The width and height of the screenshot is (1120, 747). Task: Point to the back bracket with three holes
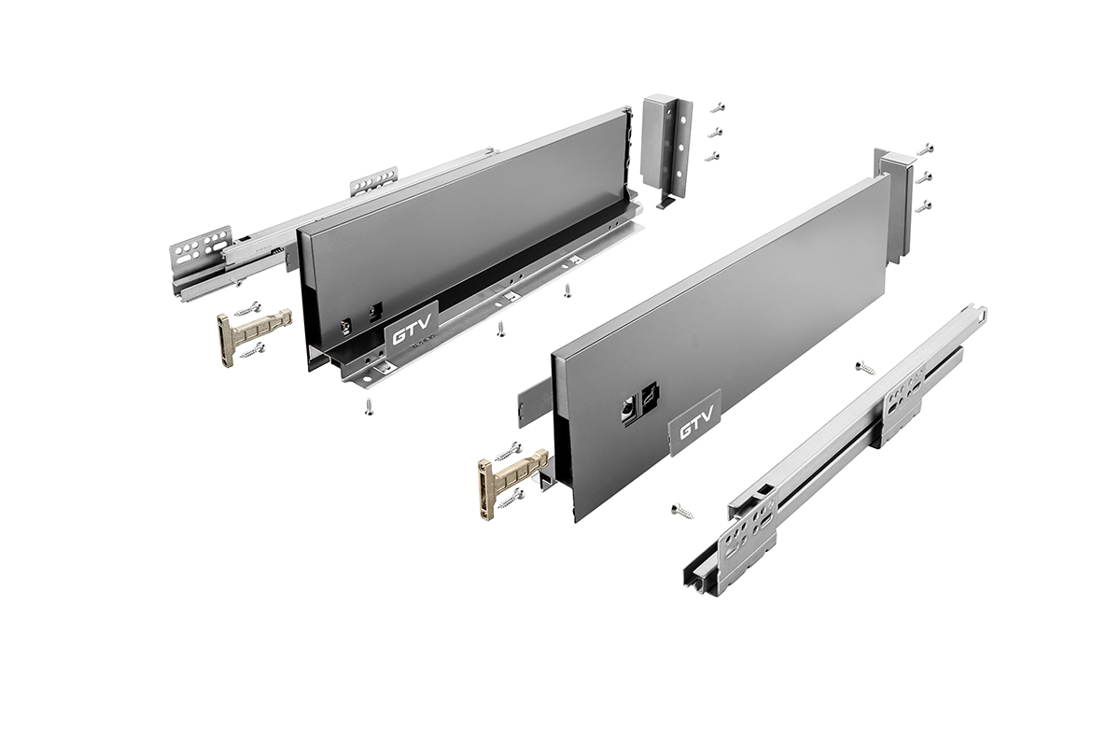pos(667,150)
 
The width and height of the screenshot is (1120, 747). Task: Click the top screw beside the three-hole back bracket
pos(717,107)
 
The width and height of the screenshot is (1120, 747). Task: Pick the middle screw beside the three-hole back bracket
pos(716,133)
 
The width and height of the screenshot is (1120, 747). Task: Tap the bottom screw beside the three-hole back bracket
pos(713,157)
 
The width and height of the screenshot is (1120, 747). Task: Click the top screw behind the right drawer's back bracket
pos(926,148)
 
